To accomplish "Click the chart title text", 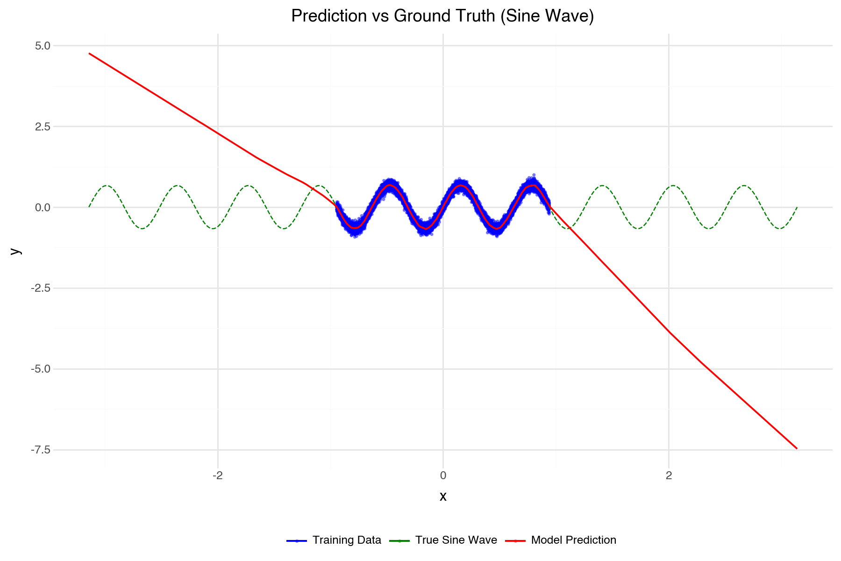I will pos(442,16).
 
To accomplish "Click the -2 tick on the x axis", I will pos(217,476).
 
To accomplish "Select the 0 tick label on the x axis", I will pos(443,476).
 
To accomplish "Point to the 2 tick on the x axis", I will pos(669,476).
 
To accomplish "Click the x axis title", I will pos(443,496).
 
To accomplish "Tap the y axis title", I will pos(16,251).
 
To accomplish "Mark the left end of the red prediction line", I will pos(89,53).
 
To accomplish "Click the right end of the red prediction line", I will pos(797,448).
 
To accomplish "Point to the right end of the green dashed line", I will pos(797,207).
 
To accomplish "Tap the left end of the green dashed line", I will pos(89,207).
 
